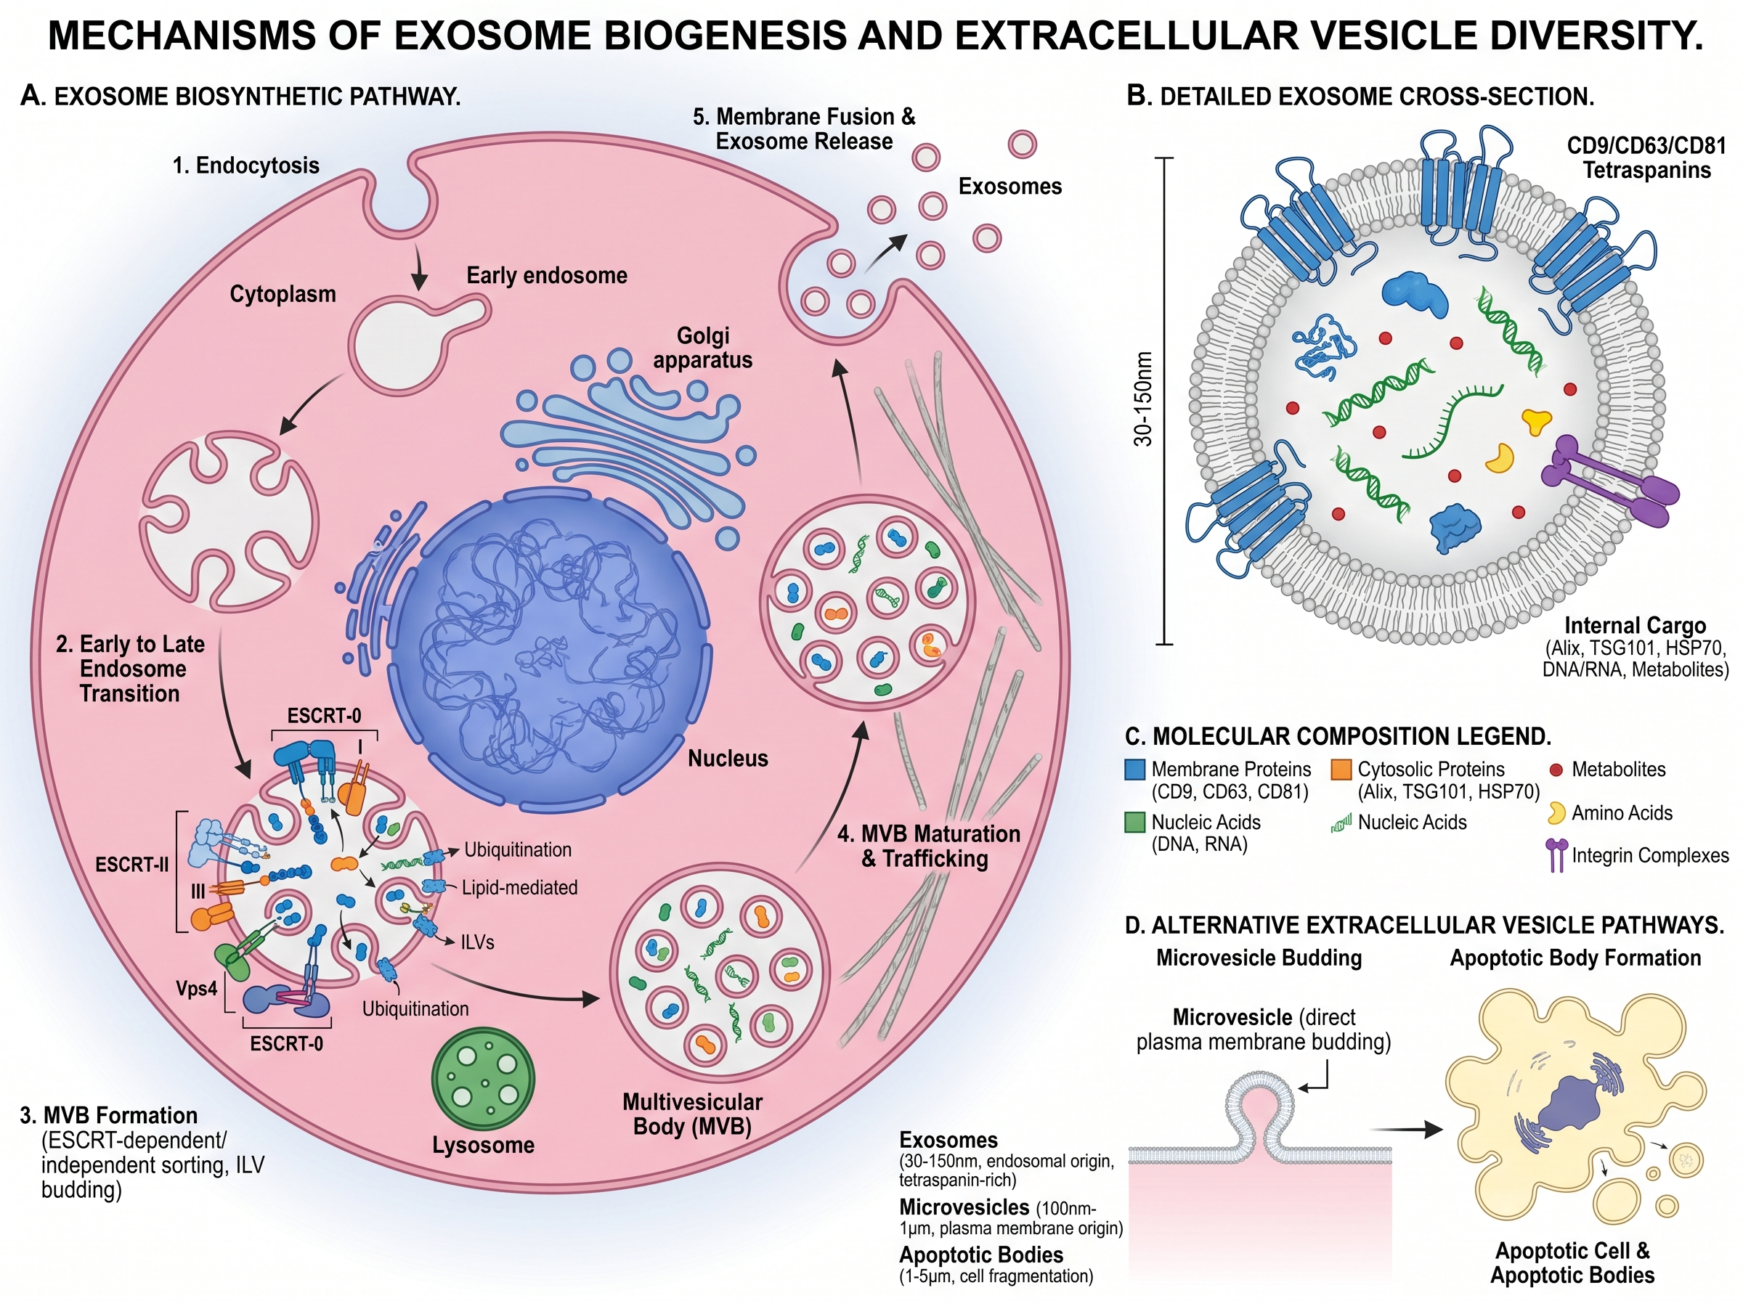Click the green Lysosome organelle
click(483, 1080)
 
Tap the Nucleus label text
click(728, 759)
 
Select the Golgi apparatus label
click(702, 348)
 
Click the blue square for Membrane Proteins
click(1135, 770)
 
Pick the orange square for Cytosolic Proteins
click(1341, 770)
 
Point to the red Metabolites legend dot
click(1556, 770)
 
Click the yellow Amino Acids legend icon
click(1556, 812)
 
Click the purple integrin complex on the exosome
click(1606, 484)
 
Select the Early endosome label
click(547, 276)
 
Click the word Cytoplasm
click(283, 294)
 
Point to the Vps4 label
click(196, 987)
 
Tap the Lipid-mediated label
click(519, 888)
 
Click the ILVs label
click(477, 942)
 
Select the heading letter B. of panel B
click(1139, 96)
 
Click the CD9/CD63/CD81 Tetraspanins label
click(1646, 158)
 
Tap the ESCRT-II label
click(131, 865)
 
